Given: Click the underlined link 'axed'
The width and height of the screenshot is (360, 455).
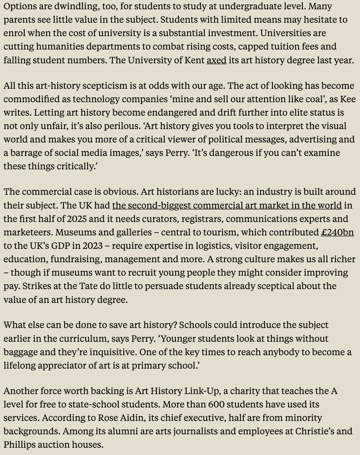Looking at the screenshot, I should tap(216, 60).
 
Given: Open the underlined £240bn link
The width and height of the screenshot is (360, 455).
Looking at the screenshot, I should tap(337, 232).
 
